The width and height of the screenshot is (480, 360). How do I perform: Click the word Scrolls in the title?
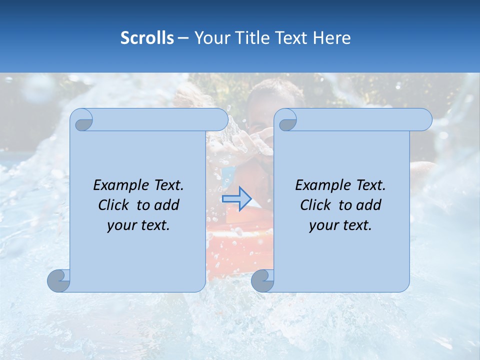coord(147,38)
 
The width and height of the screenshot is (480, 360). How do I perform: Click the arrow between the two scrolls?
coord(236,199)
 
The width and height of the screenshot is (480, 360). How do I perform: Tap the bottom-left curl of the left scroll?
coord(59,280)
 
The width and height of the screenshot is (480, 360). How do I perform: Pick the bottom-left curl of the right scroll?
coord(262,280)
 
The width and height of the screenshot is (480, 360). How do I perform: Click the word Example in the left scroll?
coord(117,185)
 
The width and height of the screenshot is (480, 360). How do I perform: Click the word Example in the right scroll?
coord(319,185)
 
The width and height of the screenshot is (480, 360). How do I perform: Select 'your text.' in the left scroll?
coord(138,225)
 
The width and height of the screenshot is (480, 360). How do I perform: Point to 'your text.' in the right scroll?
coord(340,225)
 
